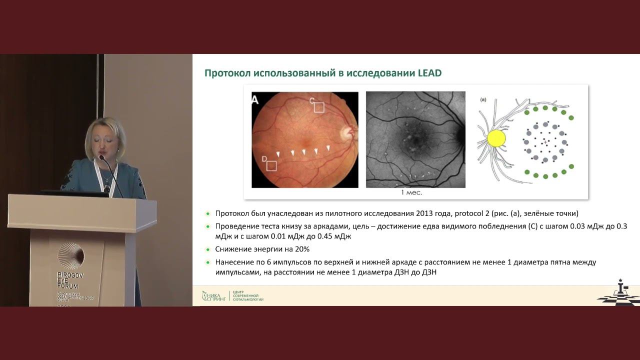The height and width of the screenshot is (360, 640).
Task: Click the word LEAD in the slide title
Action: pos(429,73)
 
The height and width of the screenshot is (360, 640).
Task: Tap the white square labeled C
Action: pos(318,107)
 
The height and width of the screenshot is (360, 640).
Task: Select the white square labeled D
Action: pos(271,165)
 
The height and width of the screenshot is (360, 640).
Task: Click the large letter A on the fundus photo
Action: pos(255,100)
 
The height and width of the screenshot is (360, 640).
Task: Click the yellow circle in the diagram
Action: pos(496,138)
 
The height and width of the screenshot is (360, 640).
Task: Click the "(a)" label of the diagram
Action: pos(483,99)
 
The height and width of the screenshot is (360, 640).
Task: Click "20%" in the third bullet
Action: pos(302,249)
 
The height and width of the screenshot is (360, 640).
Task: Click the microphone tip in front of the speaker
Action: pos(101,157)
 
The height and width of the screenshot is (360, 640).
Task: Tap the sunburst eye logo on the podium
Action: pos(70,256)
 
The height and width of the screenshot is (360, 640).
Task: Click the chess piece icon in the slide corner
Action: pos(620,288)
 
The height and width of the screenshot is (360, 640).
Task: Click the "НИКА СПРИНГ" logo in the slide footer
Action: pos(213,296)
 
